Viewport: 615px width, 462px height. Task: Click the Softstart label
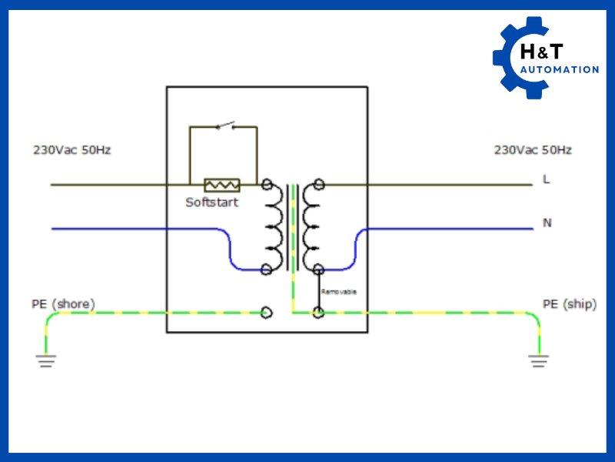211,203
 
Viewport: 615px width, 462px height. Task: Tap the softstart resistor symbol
221,185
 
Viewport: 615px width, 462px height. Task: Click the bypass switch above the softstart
225,126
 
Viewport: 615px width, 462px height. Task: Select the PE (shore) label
63,304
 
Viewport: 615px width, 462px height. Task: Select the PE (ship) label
569,304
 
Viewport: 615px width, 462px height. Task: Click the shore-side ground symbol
47,360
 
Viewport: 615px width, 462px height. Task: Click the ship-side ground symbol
538,360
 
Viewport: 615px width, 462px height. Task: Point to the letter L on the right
547,179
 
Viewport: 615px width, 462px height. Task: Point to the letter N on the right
547,223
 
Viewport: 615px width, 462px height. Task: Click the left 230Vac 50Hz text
71,150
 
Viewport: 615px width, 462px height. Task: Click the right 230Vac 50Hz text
533,150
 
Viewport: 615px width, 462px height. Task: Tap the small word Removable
338,292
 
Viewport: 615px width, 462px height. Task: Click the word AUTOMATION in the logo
559,70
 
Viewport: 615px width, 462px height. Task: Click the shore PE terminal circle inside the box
267,313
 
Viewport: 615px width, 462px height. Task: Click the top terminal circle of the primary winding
267,185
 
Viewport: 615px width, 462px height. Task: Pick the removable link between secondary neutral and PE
319,290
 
